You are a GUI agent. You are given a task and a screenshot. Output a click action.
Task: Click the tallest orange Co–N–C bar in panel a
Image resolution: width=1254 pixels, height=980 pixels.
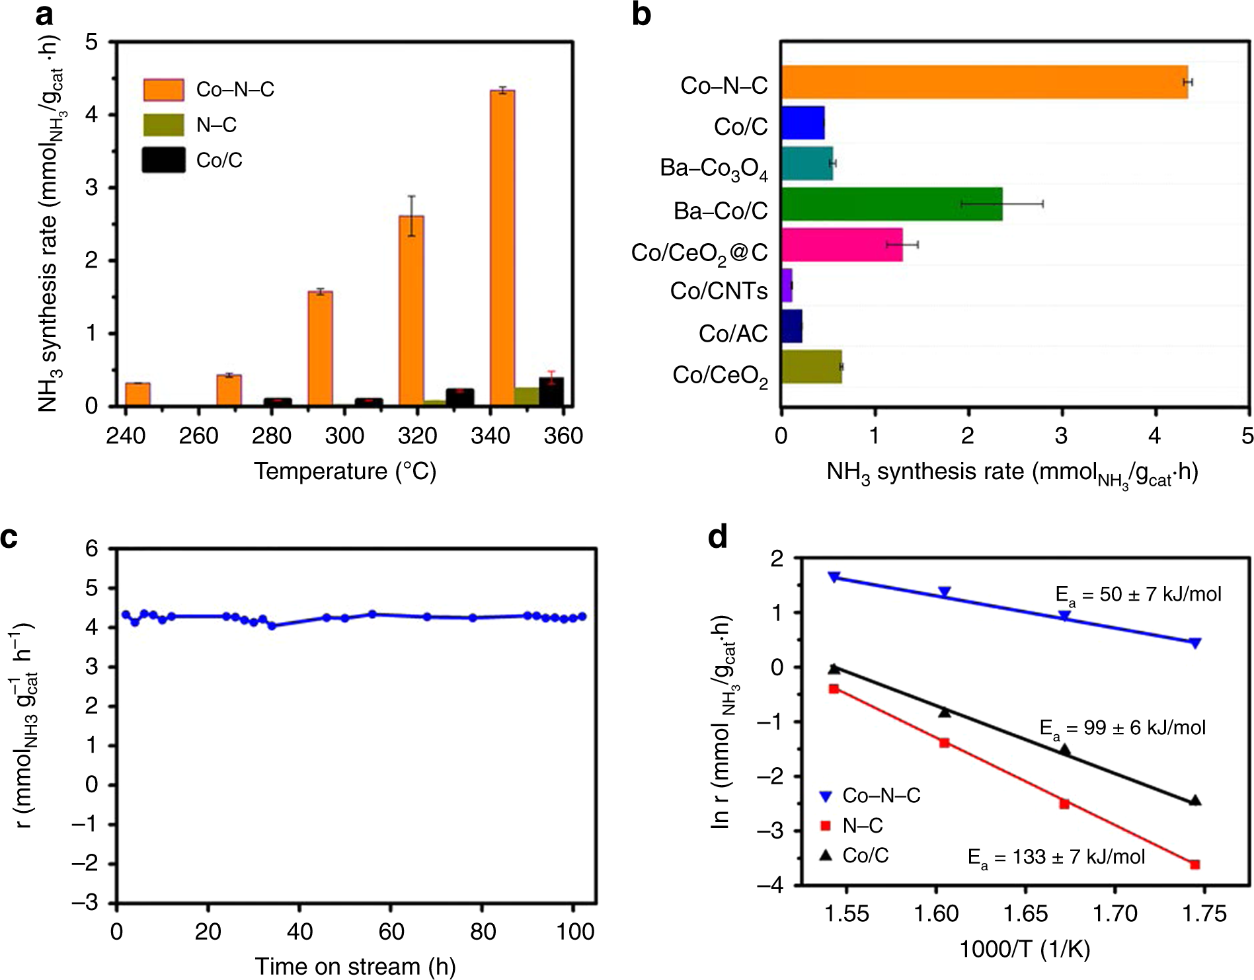502,248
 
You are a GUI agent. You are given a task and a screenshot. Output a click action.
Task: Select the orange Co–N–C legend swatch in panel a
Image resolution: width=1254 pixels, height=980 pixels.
163,89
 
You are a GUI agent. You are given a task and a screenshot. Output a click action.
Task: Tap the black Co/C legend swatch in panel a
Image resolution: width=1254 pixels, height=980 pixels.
163,160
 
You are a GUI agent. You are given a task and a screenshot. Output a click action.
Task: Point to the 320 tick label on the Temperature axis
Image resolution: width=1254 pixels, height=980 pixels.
417,436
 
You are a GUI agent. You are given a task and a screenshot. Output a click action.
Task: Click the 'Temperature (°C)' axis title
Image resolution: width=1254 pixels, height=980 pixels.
345,472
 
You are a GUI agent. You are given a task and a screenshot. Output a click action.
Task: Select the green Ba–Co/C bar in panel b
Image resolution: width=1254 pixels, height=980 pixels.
891,204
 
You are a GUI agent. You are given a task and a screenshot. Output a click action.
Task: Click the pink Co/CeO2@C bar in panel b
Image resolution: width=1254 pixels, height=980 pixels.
842,245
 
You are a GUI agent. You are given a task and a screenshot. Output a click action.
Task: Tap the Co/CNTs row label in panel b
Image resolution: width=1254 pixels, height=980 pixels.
719,291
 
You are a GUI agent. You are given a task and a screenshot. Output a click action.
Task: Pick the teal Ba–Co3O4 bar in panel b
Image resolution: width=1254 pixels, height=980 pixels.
807,163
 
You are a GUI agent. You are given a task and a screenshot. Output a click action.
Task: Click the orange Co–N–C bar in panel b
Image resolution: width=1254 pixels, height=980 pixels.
984,82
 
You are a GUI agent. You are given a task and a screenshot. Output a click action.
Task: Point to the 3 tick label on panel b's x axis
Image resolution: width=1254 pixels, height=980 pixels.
1062,436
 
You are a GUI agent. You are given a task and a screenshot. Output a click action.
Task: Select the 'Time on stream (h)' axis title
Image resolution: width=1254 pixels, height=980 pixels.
355,966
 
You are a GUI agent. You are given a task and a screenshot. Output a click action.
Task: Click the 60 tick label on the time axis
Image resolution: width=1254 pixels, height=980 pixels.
391,932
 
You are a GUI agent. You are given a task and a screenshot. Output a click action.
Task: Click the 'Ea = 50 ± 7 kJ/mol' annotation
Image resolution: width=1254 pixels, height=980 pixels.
1138,595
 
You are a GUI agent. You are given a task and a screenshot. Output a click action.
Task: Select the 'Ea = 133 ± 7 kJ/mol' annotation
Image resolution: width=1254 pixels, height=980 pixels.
1056,858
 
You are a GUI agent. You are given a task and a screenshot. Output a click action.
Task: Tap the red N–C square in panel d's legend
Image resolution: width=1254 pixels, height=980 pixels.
825,825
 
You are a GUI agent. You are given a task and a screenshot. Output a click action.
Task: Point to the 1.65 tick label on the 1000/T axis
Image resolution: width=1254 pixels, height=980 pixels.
1025,914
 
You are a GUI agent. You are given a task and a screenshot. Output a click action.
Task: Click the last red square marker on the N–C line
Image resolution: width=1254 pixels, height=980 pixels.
1195,864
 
